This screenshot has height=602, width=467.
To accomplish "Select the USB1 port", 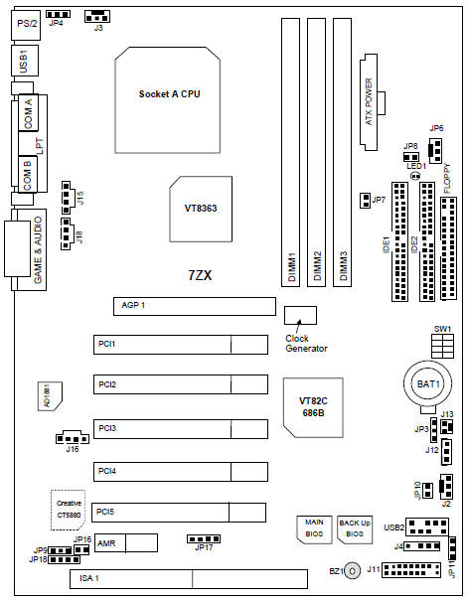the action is [25, 61].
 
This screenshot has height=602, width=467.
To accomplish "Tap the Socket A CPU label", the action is [169, 94].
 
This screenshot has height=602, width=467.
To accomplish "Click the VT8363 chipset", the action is [201, 210].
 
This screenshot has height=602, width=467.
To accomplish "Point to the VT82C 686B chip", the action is [313, 407].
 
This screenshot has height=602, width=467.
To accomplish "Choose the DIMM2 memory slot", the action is [316, 152].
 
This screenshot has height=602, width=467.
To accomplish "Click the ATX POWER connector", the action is [370, 102].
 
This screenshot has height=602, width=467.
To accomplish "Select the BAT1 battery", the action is [428, 383].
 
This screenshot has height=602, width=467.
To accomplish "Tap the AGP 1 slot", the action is [195, 306].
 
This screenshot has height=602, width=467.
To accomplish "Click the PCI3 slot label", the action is [107, 428].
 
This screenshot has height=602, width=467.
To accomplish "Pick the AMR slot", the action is [126, 543].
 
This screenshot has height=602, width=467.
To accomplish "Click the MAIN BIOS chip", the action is [314, 529].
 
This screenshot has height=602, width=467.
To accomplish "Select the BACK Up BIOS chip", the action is [355, 529].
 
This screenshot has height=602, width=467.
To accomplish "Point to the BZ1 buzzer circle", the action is [352, 571].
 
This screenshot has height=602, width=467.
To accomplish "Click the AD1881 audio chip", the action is [50, 396].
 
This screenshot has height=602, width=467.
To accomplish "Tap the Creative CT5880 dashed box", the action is [68, 510].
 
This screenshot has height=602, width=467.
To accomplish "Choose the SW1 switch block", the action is [442, 347].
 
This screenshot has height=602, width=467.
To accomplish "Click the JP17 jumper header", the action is [204, 539].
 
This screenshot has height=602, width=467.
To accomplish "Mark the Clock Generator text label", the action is [306, 344].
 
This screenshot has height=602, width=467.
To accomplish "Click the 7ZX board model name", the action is [200, 275].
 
